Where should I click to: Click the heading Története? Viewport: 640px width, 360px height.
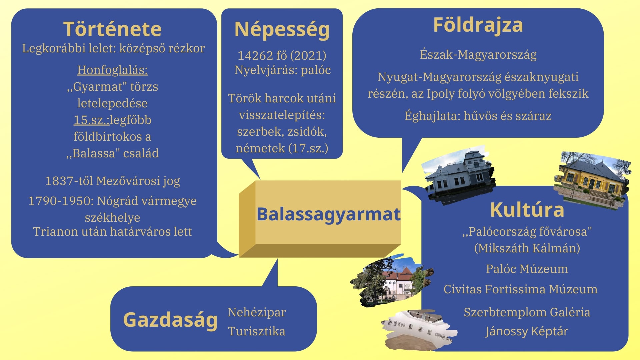(112, 29)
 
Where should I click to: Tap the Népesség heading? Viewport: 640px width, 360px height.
(282, 30)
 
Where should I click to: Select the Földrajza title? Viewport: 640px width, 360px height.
(478, 25)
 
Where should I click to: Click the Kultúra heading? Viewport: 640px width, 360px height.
(527, 210)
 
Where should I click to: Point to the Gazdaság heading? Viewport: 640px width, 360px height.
(170, 320)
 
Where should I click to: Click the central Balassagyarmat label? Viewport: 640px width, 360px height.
(328, 214)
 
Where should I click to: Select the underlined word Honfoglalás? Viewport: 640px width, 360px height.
(112, 70)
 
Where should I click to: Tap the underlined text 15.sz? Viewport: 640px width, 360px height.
(91, 120)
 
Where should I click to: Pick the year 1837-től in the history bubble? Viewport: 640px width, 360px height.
(69, 181)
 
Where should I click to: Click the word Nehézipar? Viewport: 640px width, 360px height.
(257, 312)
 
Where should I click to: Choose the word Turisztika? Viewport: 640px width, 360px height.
(257, 331)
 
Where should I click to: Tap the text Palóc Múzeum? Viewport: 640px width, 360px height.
(527, 269)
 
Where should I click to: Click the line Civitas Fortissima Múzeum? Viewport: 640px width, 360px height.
(520, 289)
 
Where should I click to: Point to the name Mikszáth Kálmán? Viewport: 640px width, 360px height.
(527, 248)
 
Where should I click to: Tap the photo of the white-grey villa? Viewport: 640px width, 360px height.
(459, 174)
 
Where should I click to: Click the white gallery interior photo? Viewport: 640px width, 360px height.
(419, 329)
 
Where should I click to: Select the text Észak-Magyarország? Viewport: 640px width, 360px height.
(478, 55)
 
